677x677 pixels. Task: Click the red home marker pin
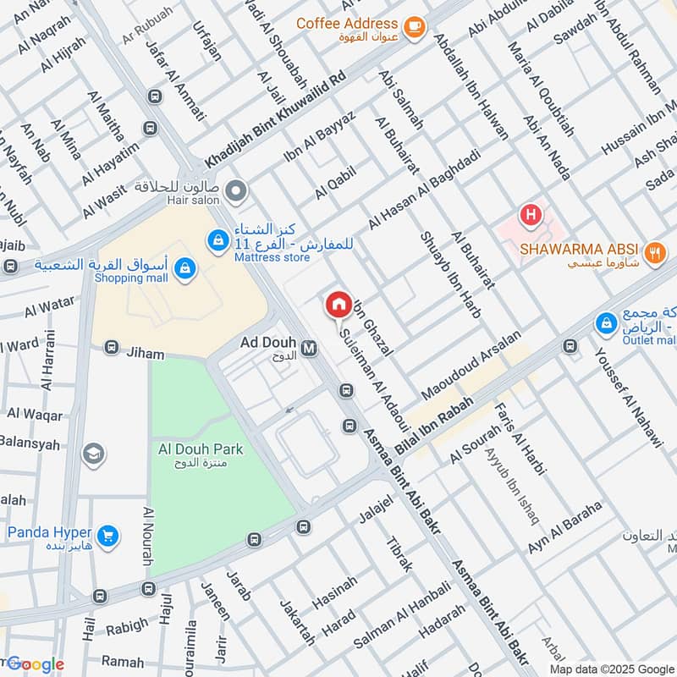pos(338,305)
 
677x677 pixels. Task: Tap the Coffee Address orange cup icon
pos(414,27)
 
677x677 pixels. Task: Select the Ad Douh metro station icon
pos(309,347)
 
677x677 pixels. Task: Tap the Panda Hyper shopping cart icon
pos(107,535)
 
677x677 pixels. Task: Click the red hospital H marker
pos(531,216)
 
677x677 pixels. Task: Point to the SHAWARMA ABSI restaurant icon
pos(653,251)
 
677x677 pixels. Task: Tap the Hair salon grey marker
pos(239,192)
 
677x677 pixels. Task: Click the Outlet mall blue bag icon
pos(606,323)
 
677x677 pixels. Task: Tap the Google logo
pos(36,664)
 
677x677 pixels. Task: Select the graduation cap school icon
pos(94,456)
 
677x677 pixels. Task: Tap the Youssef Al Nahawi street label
pos(626,398)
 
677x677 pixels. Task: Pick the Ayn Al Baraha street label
pos(564,528)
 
